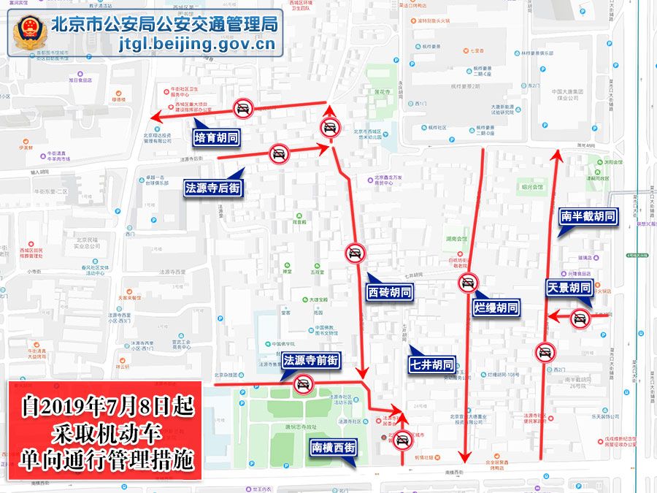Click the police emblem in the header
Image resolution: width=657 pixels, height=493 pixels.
click(x=30, y=33)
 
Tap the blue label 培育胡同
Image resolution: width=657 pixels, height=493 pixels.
click(x=217, y=137)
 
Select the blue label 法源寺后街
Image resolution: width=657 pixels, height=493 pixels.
click(x=212, y=188)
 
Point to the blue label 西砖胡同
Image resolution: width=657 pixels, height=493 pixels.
click(x=389, y=291)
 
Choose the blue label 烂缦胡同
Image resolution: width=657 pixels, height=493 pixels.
click(x=496, y=307)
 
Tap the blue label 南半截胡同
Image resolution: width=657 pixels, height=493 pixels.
click(x=588, y=216)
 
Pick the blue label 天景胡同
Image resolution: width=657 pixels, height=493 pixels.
click(x=569, y=288)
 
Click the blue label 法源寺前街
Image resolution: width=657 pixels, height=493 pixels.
click(x=311, y=360)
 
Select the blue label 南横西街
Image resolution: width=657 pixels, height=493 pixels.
click(x=333, y=447)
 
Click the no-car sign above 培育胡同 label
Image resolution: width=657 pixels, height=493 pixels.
click(x=243, y=110)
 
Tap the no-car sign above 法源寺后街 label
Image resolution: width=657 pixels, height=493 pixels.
click(x=278, y=153)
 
